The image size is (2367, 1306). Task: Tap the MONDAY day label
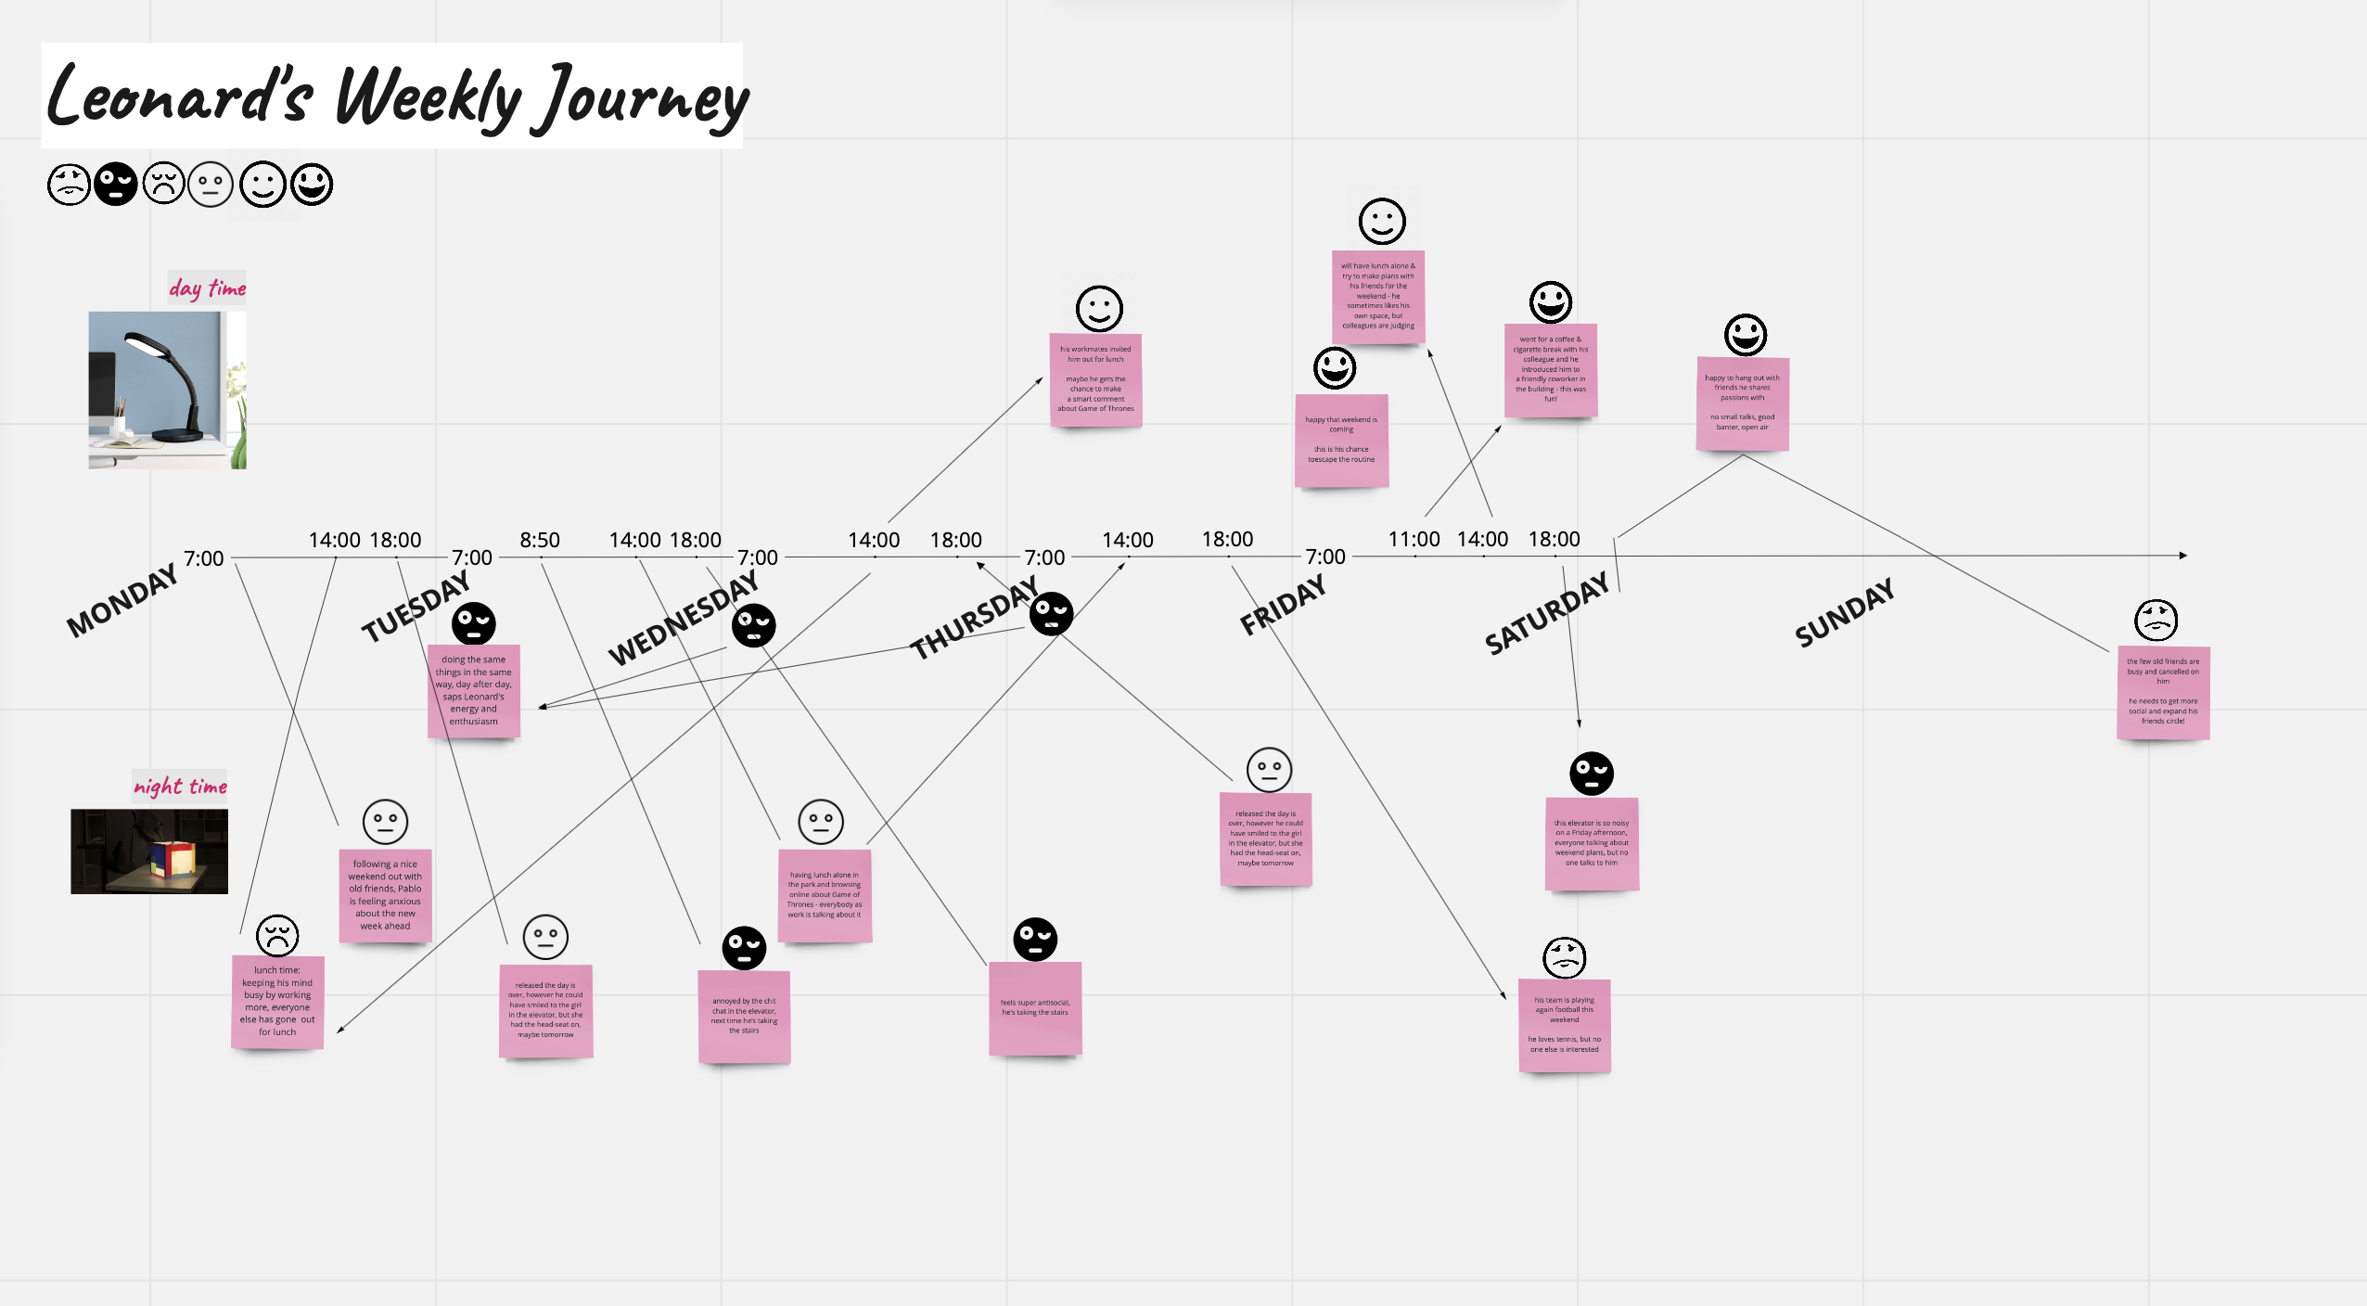click(122, 601)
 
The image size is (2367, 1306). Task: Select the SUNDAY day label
click(1844, 612)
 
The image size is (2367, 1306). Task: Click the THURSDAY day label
click(973, 618)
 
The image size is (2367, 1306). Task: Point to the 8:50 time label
click(539, 540)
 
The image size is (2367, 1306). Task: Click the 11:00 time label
click(1414, 539)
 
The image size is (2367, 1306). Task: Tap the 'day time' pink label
click(207, 288)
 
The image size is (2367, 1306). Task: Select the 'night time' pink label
click(180, 786)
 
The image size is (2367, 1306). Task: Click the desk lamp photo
click(167, 390)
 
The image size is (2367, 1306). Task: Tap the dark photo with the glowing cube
click(149, 851)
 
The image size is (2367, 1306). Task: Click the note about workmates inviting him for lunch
click(1095, 379)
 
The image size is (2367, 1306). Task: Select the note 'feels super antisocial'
click(1035, 1008)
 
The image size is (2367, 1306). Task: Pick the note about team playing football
click(1564, 1025)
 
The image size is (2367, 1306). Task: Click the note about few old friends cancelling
click(2163, 692)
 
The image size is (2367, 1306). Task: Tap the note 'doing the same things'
click(473, 690)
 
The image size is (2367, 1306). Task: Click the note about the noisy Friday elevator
click(1592, 843)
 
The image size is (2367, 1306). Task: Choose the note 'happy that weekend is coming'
click(1341, 440)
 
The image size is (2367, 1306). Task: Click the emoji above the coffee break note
click(1550, 302)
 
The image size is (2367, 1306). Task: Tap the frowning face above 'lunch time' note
click(276, 935)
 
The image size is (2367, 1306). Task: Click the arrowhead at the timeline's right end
click(2182, 556)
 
